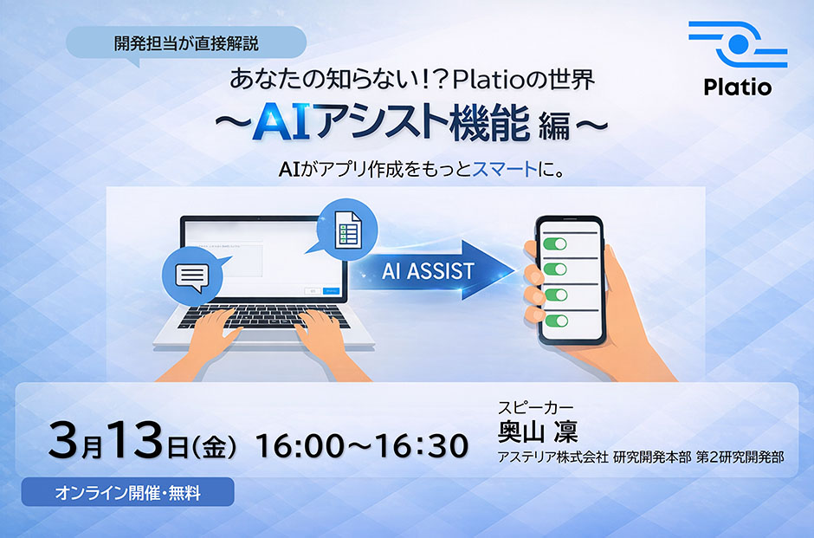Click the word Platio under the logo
[737, 87]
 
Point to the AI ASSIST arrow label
[428, 270]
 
